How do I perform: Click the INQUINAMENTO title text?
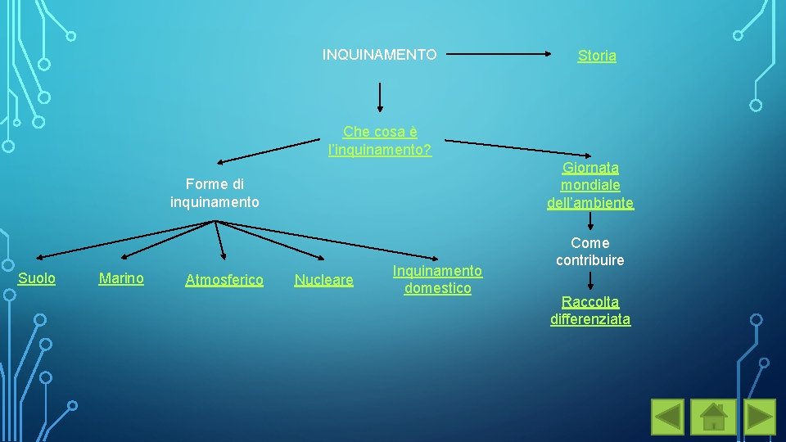coord(379,55)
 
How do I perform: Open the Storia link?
coord(597,56)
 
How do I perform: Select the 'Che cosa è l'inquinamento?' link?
coord(380,141)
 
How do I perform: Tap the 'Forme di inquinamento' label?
coord(215,192)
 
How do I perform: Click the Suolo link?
coord(37,278)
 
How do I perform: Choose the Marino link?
coord(121,278)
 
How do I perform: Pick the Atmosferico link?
coord(224,280)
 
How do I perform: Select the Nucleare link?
coord(323,280)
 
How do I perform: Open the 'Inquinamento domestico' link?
coord(437,279)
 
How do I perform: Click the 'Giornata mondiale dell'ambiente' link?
coord(590,185)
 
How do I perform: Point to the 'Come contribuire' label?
coord(590,251)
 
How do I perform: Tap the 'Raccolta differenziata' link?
coord(590,310)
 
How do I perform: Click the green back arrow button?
coord(667,416)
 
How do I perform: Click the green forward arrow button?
coord(759,416)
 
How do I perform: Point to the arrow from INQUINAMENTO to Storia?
coord(500,55)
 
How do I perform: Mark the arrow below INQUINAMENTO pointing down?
coord(379,96)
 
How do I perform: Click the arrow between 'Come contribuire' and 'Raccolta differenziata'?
coord(590,281)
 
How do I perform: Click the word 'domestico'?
coord(437,288)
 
